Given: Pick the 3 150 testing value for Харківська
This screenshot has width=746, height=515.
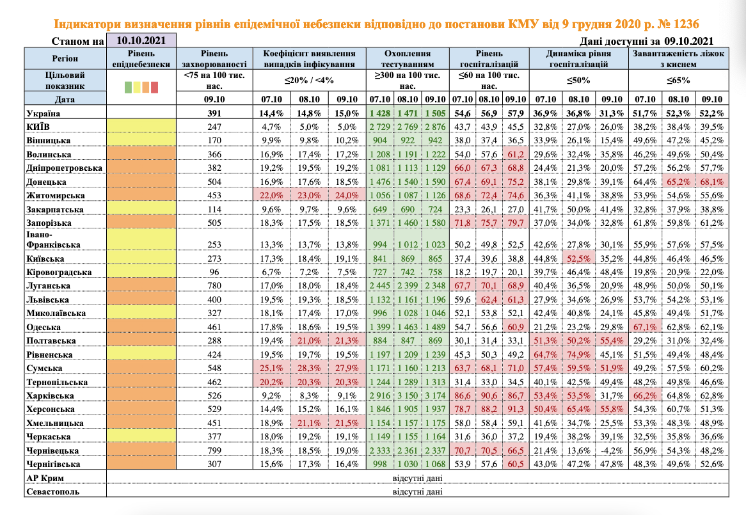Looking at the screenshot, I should click(x=408, y=395).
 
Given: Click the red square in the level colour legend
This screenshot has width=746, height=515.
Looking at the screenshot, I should click(x=154, y=86).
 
